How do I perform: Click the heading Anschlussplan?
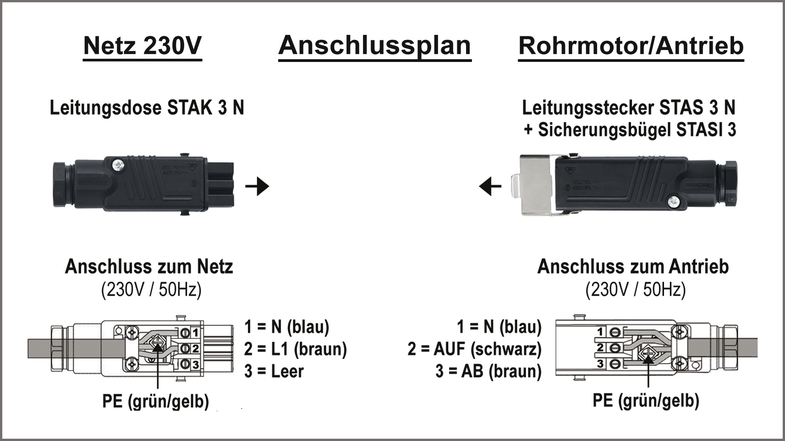(374, 46)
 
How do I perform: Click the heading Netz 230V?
(143, 46)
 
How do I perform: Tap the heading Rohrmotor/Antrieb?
(631, 46)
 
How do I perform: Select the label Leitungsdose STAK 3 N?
(147, 108)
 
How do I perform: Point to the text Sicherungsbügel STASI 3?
(637, 130)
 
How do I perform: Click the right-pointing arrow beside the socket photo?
(257, 186)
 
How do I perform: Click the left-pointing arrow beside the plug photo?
(490, 186)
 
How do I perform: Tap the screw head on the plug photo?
(673, 201)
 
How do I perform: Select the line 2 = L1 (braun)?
(295, 349)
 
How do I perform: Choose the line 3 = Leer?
(274, 371)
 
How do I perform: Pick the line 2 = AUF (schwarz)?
(474, 349)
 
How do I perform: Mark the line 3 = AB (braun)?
(489, 371)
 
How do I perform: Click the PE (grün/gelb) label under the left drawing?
(155, 401)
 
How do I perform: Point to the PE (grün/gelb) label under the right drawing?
(646, 400)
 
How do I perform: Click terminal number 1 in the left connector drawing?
(195, 332)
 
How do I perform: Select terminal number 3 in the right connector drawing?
(600, 364)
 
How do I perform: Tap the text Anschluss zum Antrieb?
(633, 267)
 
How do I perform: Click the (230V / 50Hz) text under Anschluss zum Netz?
(151, 290)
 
